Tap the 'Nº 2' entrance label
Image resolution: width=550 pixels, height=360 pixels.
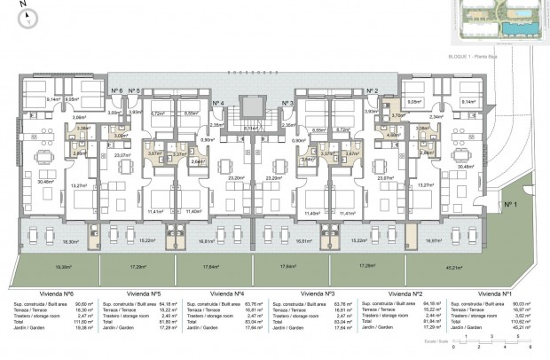373,91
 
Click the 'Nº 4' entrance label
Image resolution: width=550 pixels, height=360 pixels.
219,103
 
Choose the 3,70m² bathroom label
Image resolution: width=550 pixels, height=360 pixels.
398,114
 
